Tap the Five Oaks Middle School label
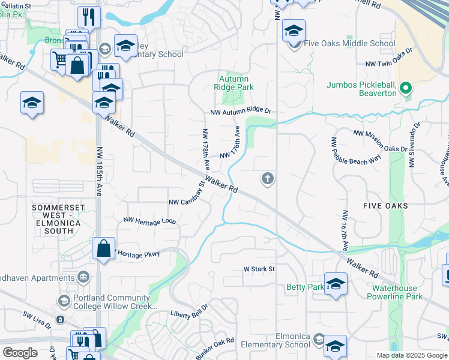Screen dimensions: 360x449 click(x=349, y=43)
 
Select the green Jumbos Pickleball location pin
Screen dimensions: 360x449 click(x=406, y=89)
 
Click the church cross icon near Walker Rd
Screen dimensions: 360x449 click(x=268, y=178)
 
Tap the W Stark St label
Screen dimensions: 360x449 click(x=259, y=269)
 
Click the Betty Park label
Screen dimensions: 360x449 click(x=305, y=287)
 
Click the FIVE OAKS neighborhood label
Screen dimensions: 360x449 click(x=385, y=206)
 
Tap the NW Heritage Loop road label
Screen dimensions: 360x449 click(x=149, y=221)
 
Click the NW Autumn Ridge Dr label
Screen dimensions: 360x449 click(x=241, y=112)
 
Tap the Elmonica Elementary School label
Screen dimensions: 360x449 click(x=276, y=340)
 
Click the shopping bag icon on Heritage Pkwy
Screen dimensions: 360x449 click(x=104, y=248)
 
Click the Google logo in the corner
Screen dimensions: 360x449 click(x=20, y=353)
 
